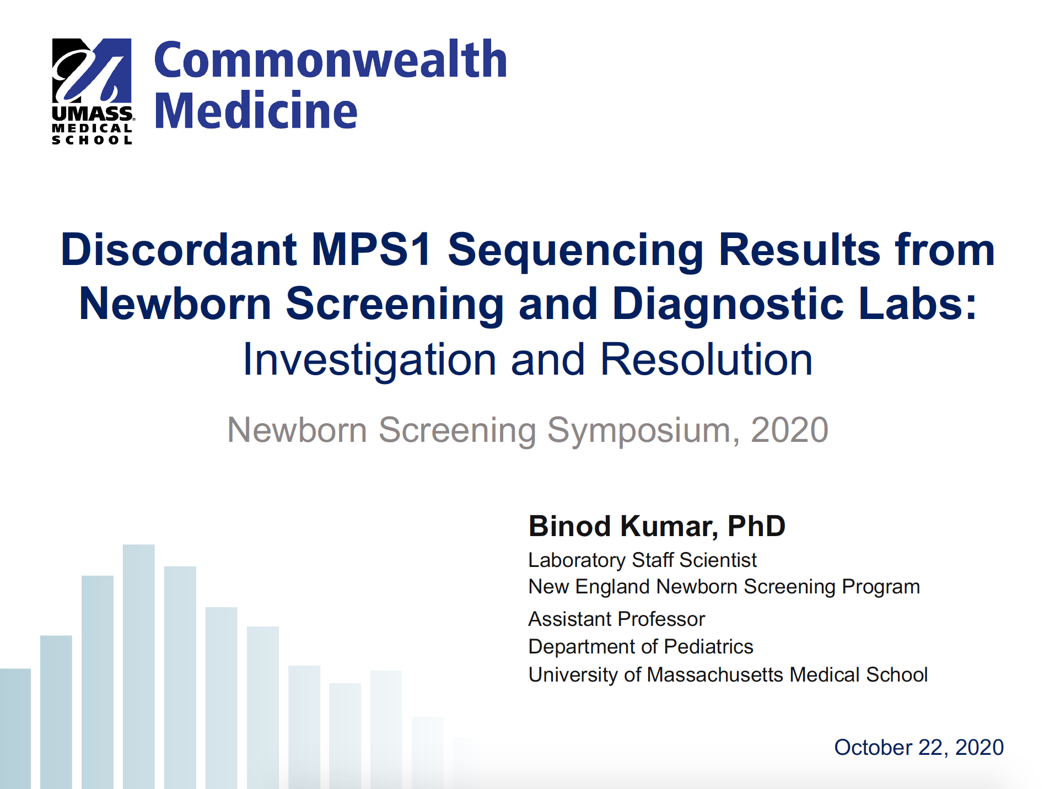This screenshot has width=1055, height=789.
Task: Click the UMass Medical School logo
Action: [x=93, y=91]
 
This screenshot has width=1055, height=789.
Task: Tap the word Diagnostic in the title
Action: [x=728, y=304]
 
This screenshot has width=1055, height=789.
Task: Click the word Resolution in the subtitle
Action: [x=706, y=360]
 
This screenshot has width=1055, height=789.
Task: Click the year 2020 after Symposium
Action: [x=789, y=430]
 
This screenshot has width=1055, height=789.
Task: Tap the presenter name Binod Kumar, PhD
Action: [x=657, y=526]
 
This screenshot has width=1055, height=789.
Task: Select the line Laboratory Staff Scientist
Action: [x=642, y=560]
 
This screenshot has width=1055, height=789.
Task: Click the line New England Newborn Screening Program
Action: [x=724, y=587]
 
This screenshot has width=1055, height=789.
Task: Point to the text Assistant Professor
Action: [x=617, y=619]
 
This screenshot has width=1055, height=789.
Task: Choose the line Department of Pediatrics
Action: [x=640, y=647]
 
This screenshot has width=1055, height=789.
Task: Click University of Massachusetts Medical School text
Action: [x=728, y=675]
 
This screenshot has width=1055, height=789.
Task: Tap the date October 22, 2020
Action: [x=919, y=748]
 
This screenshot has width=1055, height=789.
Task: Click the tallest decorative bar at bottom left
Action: [x=139, y=667]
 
